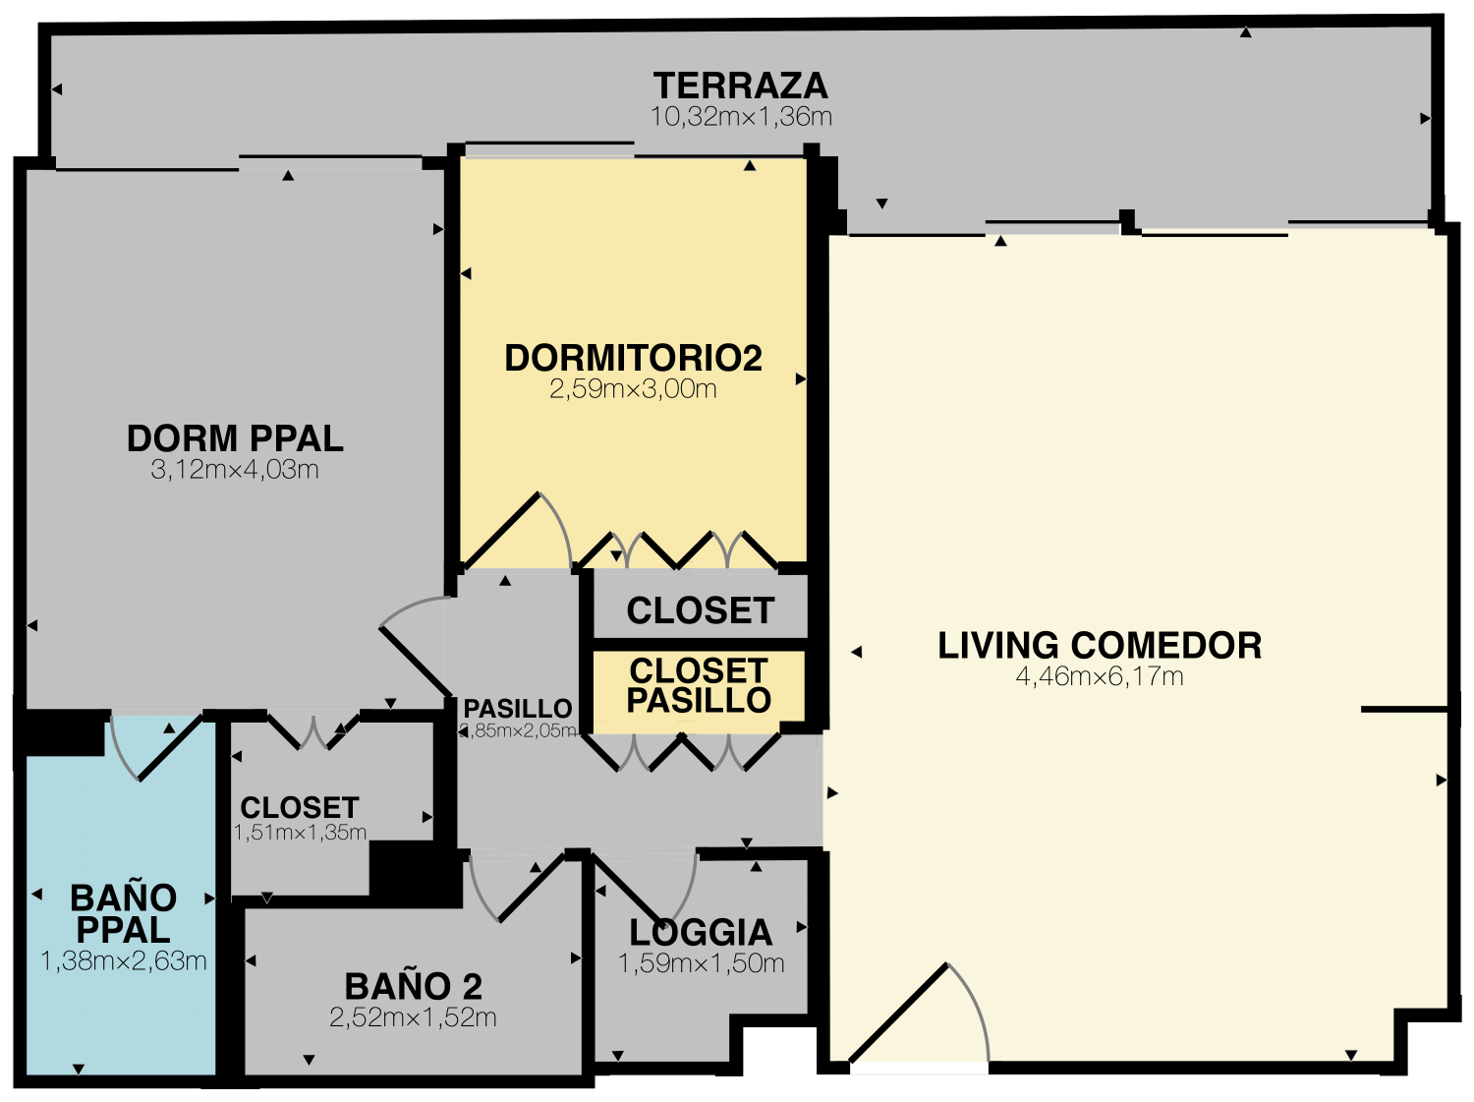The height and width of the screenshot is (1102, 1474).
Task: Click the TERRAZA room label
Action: click(741, 86)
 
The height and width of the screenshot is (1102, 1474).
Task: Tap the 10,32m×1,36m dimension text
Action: click(741, 117)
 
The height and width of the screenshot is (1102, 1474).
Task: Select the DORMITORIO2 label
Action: click(633, 358)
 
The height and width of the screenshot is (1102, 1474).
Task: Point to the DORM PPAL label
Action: click(235, 438)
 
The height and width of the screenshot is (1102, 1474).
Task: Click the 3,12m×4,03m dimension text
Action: click(235, 470)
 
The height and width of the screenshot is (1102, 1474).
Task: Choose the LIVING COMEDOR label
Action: click(1100, 645)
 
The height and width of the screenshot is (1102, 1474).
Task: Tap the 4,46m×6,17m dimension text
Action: click(1100, 676)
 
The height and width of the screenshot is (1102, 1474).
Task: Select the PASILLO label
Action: click(518, 709)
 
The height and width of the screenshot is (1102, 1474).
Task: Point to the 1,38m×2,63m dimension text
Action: click(124, 961)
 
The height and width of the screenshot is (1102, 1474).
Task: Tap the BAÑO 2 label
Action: click(414, 987)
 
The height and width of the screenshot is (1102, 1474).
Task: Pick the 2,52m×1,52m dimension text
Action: click(413, 1017)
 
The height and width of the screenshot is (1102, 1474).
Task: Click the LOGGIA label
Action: click(701, 932)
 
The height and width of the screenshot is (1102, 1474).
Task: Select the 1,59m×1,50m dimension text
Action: click(701, 963)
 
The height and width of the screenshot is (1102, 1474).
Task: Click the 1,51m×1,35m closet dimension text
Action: click(300, 833)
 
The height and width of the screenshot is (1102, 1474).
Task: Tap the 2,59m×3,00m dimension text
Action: click(633, 389)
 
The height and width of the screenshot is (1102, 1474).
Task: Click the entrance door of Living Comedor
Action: click(920, 1015)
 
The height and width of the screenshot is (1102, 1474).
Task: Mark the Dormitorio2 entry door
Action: click(517, 531)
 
